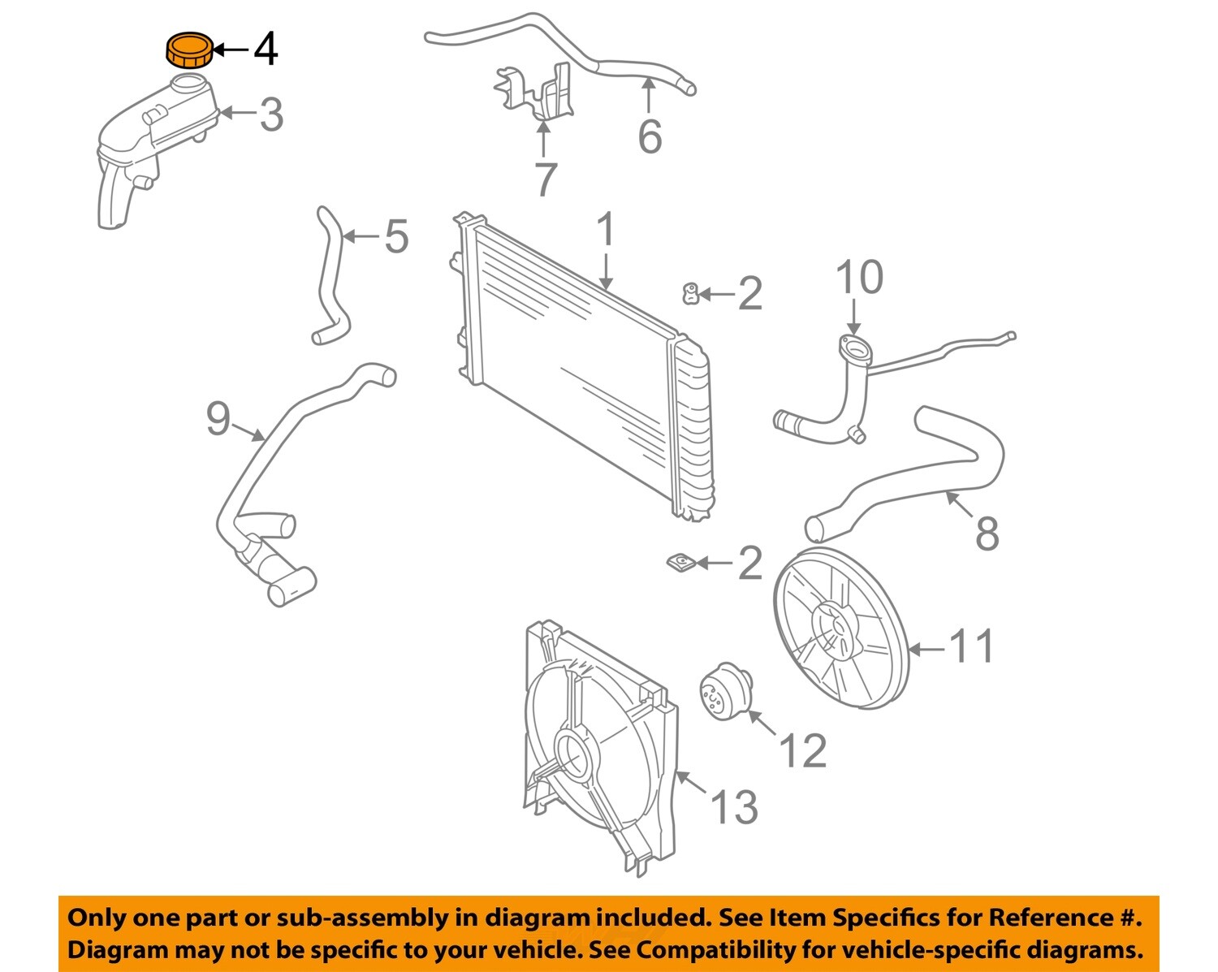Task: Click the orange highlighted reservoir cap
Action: [x=189, y=50]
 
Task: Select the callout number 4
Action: [x=266, y=50]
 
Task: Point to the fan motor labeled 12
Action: [x=725, y=690]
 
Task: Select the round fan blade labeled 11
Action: [x=840, y=628]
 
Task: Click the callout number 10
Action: [x=859, y=278]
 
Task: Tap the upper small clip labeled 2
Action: [x=690, y=293]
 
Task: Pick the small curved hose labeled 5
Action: [x=330, y=276]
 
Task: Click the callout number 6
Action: [x=649, y=136]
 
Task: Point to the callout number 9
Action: [x=218, y=419]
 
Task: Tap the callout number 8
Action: [x=987, y=534]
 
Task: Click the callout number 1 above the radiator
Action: [x=606, y=231]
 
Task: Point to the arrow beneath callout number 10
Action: [x=853, y=317]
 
